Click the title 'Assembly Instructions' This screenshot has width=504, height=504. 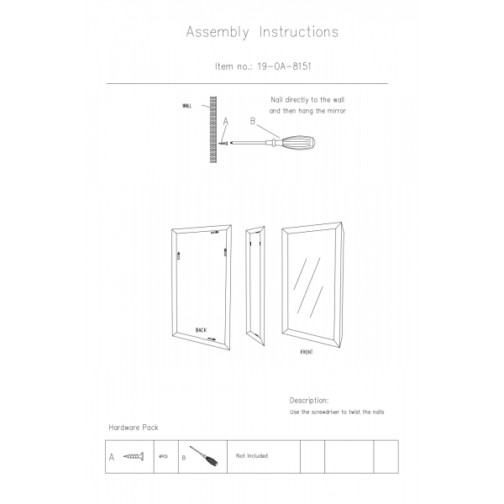pyautogui.click(x=261, y=33)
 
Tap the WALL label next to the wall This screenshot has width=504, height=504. pyautogui.click(x=186, y=106)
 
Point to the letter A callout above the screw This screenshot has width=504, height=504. pyautogui.click(x=226, y=122)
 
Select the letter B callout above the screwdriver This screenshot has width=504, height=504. pyautogui.click(x=253, y=122)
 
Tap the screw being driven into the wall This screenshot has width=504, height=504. pyautogui.click(x=224, y=143)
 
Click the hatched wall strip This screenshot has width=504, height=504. pyautogui.click(x=213, y=130)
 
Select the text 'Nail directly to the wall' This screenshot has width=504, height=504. pyautogui.click(x=307, y=99)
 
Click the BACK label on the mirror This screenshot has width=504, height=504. pyautogui.click(x=201, y=330)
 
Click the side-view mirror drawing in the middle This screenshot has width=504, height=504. pyautogui.click(x=255, y=286)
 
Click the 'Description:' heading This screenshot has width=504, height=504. pyautogui.click(x=309, y=401)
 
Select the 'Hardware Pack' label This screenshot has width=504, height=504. pyautogui.click(x=134, y=428)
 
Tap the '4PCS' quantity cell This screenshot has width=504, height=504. pyautogui.click(x=164, y=456)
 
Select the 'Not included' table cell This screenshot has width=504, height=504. pyautogui.click(x=252, y=456)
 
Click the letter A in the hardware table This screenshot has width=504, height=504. pyautogui.click(x=111, y=458)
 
